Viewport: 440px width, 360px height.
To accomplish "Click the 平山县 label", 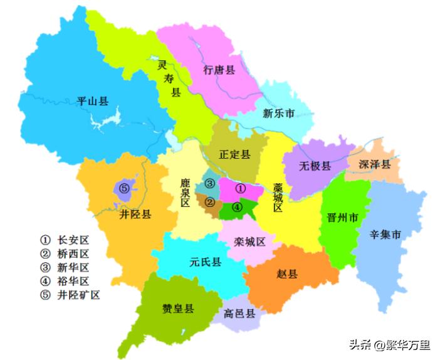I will click(x=92, y=100).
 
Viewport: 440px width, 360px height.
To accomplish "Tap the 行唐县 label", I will click(x=219, y=70).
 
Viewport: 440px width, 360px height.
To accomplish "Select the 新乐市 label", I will click(x=278, y=114).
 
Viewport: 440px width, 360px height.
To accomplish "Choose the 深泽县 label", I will click(x=375, y=164).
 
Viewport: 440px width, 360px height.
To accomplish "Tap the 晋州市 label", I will click(x=342, y=218).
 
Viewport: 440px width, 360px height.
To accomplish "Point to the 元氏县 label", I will click(x=206, y=262).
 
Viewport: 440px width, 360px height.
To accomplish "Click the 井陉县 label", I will click(x=135, y=214).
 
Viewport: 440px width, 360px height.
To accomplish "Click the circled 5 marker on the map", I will click(x=124, y=188).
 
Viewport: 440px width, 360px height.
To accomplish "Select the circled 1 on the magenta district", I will click(x=239, y=188).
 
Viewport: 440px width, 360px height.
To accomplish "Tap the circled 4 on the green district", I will click(x=237, y=207).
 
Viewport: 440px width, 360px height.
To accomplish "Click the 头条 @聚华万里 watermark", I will click(x=389, y=344).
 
